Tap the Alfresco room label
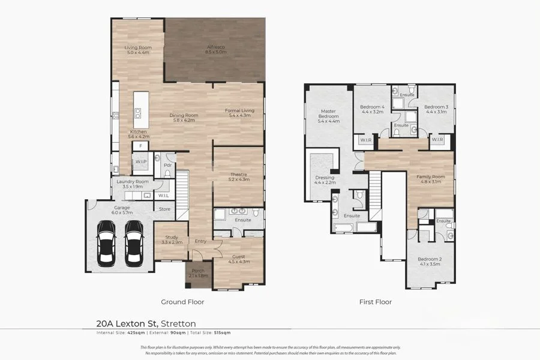coord(216,50)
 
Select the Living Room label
coord(137,50)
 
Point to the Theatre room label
coord(238,177)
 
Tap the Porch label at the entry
coord(197,273)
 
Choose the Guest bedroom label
coord(239,259)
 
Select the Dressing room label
coord(325,180)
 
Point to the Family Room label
coord(431,179)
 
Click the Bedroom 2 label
coord(430,262)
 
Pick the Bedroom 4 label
coord(373,109)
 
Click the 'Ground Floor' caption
coord(182,302)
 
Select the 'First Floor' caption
coord(375,302)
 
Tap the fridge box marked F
coord(140,146)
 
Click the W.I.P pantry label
coord(141,162)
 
